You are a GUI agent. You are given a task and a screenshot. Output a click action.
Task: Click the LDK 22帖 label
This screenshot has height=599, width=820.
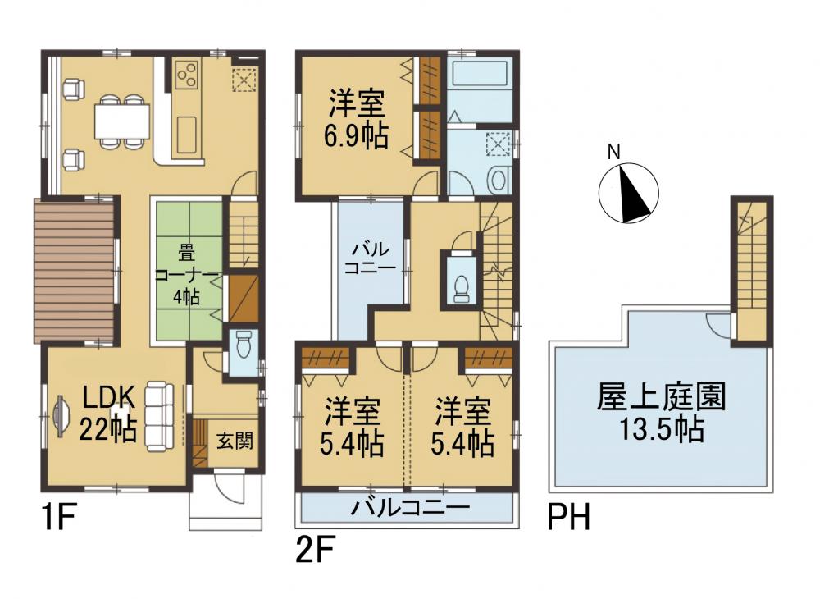(x=108, y=414)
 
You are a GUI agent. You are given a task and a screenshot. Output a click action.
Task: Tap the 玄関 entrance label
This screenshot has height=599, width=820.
(x=235, y=441)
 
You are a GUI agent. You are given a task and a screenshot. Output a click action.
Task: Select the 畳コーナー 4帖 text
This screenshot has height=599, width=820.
(x=186, y=276)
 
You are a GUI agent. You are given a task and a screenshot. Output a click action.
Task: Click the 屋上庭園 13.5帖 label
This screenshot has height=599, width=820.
(x=662, y=413)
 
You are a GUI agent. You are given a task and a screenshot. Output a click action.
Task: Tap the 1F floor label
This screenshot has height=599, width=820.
(x=59, y=518)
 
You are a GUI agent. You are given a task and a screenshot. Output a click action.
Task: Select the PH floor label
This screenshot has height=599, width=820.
(x=568, y=517)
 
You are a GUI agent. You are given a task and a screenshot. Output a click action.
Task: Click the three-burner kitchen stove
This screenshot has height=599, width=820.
(x=187, y=75)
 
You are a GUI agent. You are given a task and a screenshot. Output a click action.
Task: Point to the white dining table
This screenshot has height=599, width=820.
(x=122, y=121)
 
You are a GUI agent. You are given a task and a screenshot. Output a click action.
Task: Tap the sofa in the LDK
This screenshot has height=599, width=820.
(x=159, y=416)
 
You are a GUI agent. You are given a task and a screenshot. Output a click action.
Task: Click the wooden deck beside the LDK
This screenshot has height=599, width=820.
(x=75, y=271)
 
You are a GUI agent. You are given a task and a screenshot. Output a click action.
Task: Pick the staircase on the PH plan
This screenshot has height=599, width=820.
(x=751, y=272)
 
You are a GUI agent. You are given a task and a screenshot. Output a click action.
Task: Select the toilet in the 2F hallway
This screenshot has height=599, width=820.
(x=461, y=287)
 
